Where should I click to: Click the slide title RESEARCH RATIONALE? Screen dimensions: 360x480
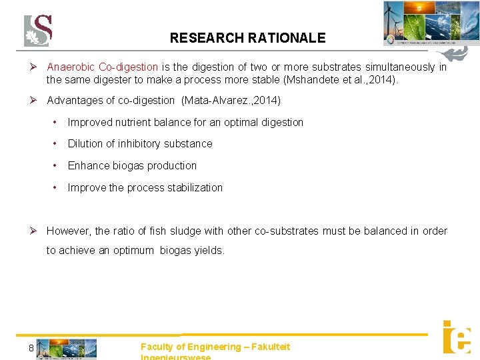(247, 38)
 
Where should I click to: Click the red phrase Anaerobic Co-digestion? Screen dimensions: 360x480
(102, 67)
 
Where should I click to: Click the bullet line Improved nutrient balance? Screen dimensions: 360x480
(185, 123)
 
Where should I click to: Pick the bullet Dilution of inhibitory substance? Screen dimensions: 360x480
(140, 144)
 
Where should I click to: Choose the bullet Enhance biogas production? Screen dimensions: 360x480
(132, 166)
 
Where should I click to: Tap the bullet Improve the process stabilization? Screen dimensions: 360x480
(145, 188)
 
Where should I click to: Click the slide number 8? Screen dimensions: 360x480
(31, 348)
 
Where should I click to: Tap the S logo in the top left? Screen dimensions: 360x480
(38, 31)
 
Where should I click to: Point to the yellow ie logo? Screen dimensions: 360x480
(457, 337)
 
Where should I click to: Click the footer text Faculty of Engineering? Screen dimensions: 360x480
(191, 347)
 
